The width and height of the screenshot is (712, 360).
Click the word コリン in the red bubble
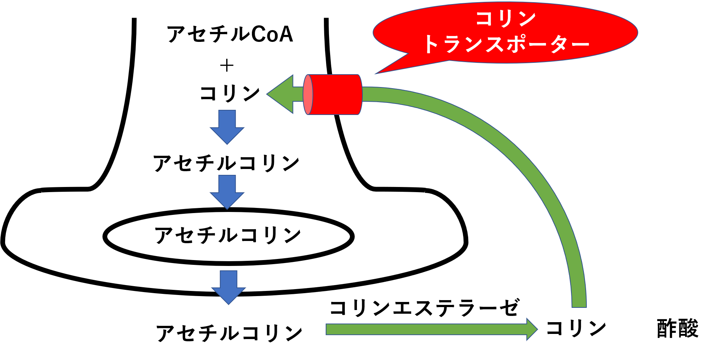[506, 18]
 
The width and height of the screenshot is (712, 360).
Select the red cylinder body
[336, 94]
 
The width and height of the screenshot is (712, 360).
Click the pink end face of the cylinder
[308, 94]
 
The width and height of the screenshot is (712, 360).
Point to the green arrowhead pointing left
[281, 94]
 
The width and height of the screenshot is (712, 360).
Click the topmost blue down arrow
[227, 127]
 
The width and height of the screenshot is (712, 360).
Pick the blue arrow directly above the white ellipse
[227, 192]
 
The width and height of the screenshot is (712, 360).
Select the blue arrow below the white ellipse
[228, 287]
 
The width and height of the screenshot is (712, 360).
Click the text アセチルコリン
[228, 235]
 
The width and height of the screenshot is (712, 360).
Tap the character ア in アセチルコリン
[163, 235]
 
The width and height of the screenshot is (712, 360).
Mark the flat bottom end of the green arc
[579, 306]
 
